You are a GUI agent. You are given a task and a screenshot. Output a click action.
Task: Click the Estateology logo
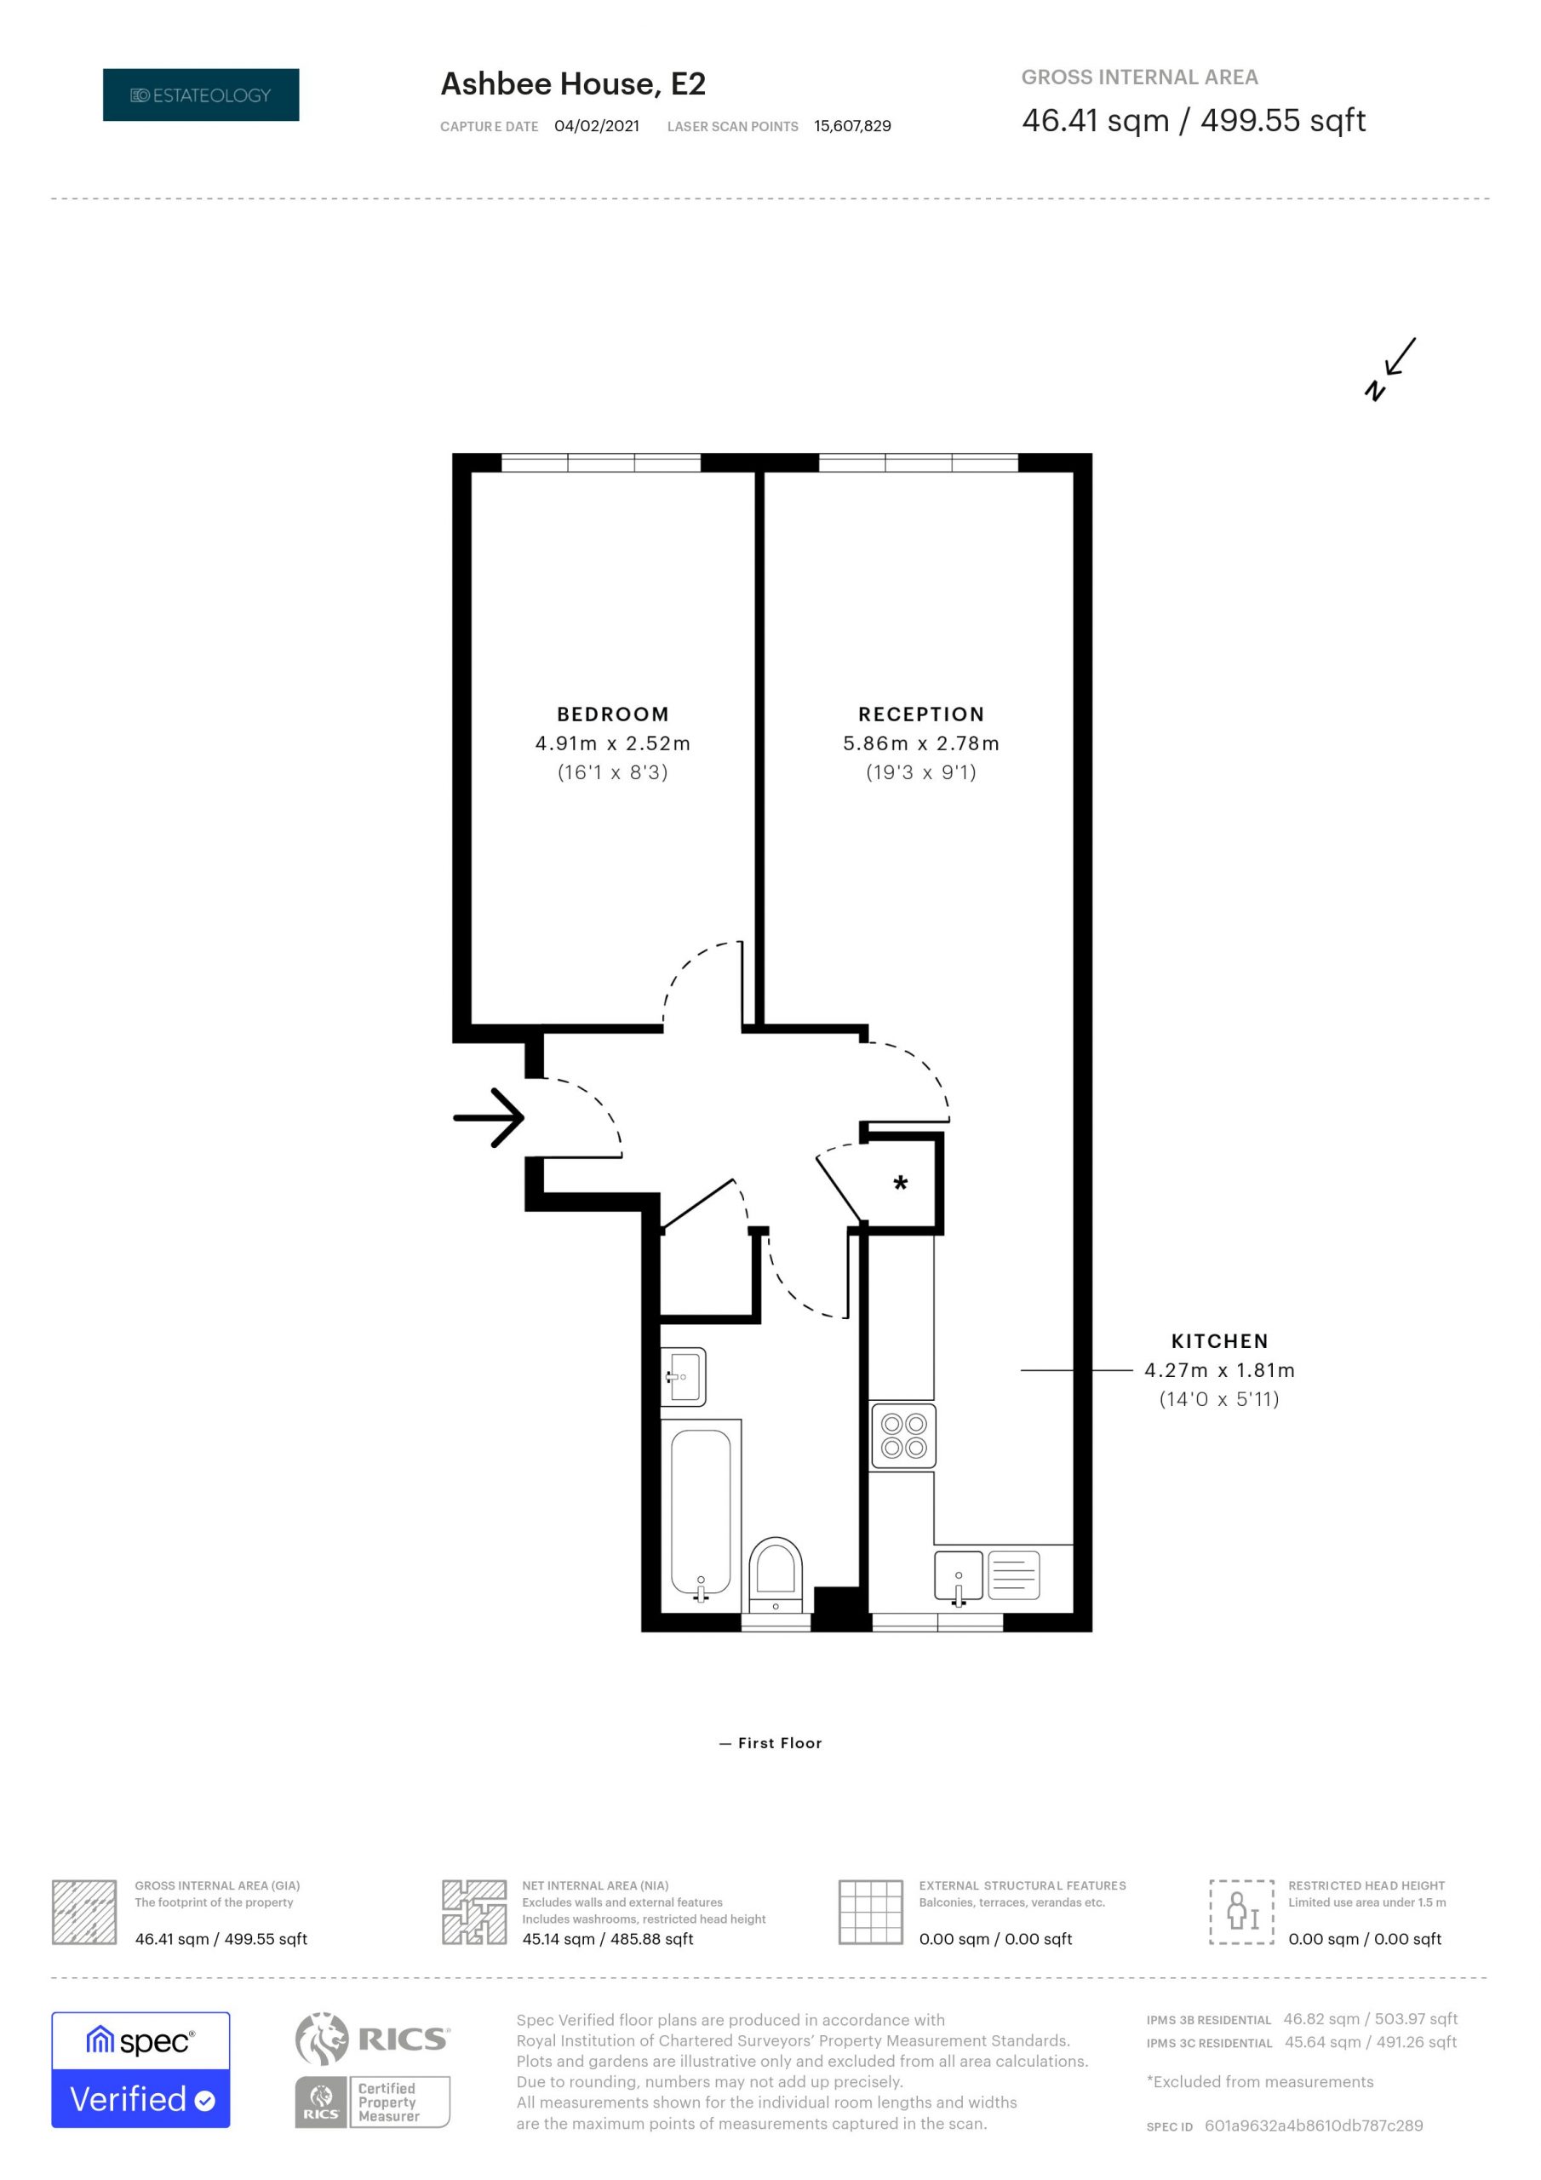click(x=200, y=95)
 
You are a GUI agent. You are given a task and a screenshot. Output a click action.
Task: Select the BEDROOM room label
click(x=612, y=714)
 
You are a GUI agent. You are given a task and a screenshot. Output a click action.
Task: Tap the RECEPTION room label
click(x=921, y=714)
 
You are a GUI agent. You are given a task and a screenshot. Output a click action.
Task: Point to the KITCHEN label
click(x=1219, y=1340)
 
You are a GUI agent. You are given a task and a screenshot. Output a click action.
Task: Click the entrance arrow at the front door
click(x=488, y=1117)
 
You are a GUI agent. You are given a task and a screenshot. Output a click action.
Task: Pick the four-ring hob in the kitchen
click(x=903, y=1436)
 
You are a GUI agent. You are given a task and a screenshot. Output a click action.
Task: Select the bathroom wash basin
click(x=684, y=1376)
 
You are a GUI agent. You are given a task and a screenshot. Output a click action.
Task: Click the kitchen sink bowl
click(x=958, y=1576)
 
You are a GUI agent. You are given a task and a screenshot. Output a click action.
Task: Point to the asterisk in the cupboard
click(x=900, y=1184)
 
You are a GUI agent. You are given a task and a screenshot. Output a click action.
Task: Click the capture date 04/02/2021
click(x=596, y=126)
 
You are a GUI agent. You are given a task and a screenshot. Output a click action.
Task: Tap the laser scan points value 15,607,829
click(x=851, y=126)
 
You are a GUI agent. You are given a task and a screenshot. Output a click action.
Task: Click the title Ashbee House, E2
click(x=572, y=84)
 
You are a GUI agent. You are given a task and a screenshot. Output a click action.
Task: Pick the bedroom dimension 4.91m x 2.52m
click(x=612, y=743)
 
